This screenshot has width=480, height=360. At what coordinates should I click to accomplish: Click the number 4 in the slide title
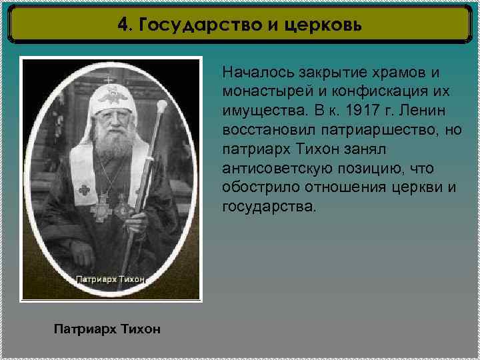coord(122,25)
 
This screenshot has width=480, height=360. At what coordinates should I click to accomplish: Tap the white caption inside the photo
coord(111,279)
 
